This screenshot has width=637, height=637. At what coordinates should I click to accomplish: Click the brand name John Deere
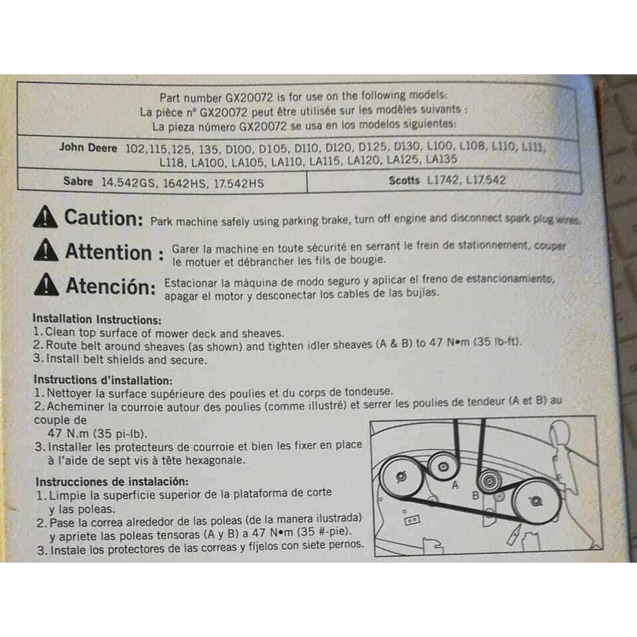[x=88, y=147]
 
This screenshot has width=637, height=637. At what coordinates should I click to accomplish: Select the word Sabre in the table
[x=78, y=181]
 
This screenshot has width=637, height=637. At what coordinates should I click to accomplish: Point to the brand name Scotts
[x=404, y=180]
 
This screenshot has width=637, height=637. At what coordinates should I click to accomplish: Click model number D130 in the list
[x=407, y=147]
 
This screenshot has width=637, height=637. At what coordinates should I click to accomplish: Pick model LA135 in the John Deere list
[x=441, y=159]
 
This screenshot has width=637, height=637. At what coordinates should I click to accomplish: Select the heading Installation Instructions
[x=97, y=319]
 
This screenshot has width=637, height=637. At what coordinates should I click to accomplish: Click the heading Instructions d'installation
[x=104, y=380]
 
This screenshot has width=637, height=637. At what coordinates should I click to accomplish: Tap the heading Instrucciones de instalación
[x=112, y=482]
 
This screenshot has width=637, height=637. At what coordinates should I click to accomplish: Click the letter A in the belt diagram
[x=455, y=484]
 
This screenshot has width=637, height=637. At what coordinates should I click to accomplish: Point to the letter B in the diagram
[x=476, y=496]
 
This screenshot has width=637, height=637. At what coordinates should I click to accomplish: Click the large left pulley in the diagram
[x=401, y=476]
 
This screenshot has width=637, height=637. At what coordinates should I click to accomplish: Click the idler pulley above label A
[x=443, y=466]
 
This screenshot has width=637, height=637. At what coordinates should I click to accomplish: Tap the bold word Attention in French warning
[x=108, y=252]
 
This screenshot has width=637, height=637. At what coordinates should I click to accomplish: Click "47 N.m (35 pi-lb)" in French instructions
[x=97, y=433]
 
